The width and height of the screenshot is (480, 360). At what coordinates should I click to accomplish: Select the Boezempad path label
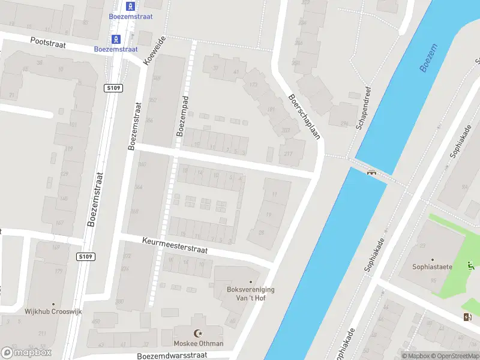click(182, 116)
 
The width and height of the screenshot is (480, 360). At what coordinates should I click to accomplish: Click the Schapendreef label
click(366, 108)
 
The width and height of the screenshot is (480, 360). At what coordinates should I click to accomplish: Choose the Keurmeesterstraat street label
click(175, 245)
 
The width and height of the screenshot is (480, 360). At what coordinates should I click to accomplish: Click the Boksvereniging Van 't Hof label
click(251, 293)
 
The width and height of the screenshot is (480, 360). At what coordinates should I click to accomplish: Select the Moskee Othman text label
click(198, 344)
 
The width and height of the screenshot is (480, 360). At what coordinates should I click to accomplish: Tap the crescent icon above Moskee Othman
click(198, 333)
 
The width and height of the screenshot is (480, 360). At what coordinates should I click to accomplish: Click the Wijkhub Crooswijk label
click(53, 312)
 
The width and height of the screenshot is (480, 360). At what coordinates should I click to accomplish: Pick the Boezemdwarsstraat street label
click(172, 355)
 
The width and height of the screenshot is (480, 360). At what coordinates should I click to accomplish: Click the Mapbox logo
click(27, 353)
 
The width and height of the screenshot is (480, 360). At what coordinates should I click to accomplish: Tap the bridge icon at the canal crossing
click(371, 173)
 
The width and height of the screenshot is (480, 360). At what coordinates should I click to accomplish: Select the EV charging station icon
click(467, 317)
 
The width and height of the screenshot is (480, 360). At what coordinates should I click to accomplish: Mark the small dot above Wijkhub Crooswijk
click(53, 304)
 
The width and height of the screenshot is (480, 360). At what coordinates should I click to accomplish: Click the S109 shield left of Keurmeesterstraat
click(86, 257)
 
